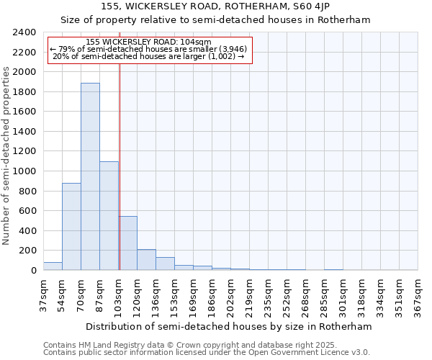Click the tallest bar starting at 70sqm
point(90,176)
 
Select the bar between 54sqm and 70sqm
point(71,227)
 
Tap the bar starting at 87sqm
point(109,216)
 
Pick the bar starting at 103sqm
point(128,243)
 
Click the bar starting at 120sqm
point(146,260)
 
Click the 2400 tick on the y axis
point(24,32)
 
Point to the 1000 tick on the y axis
point(24,171)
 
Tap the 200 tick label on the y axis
point(27,251)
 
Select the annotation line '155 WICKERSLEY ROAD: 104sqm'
point(148,42)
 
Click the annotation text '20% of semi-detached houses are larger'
point(149,56)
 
